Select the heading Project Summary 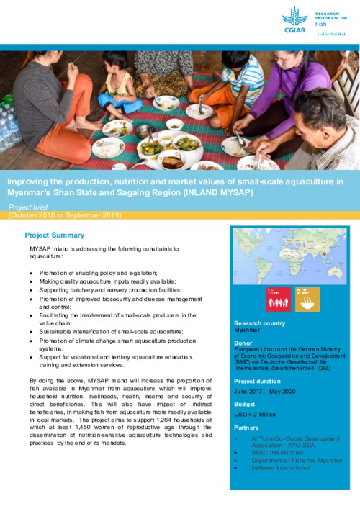[54, 235]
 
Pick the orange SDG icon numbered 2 [307, 299]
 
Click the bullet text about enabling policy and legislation [105, 274]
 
